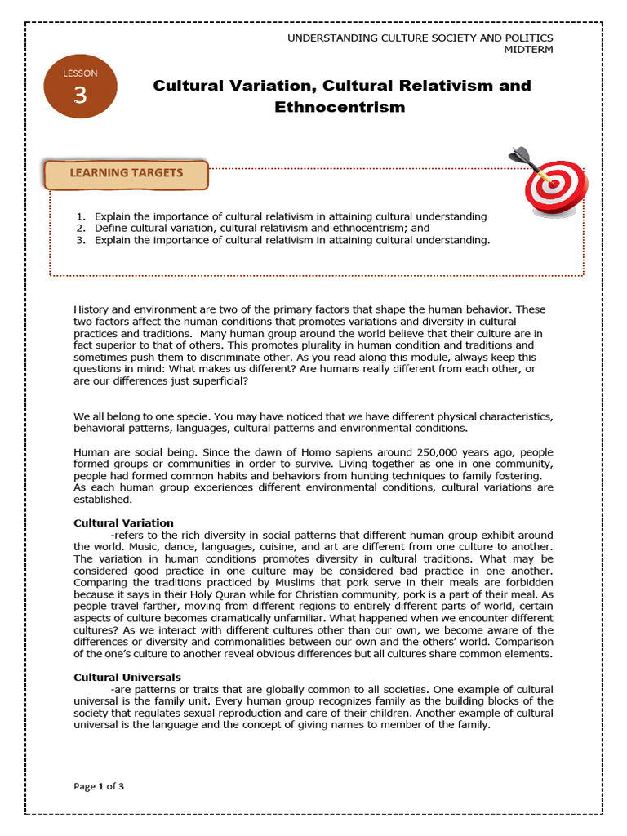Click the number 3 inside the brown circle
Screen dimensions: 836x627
[x=80, y=96]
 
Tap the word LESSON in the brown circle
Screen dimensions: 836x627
[x=80, y=73]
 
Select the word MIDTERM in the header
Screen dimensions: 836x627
[x=530, y=50]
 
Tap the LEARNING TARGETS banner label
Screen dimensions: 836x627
[x=126, y=173]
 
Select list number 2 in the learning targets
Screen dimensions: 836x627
[x=81, y=229]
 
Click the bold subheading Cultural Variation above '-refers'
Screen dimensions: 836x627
[x=123, y=522]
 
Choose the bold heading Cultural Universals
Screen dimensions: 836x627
[x=127, y=678]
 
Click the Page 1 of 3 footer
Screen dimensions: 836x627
[x=99, y=786]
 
